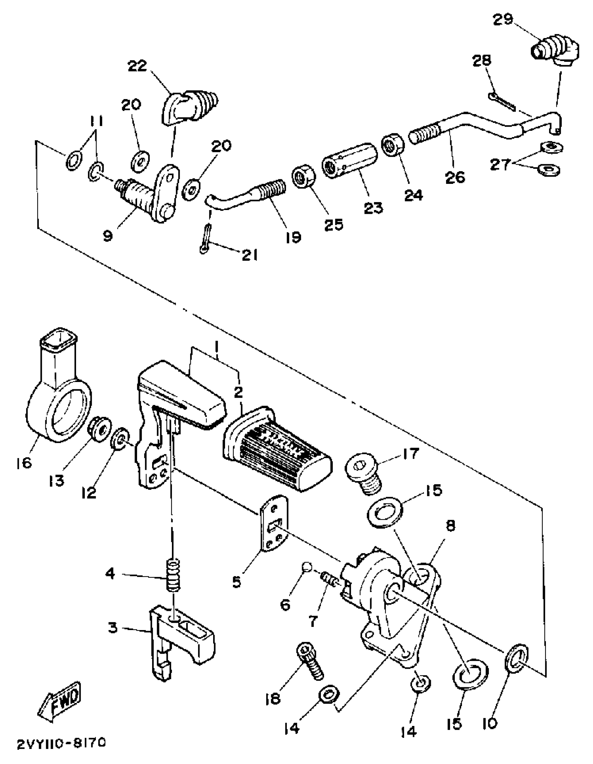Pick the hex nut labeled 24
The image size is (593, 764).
point(392,146)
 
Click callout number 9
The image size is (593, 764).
point(108,237)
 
